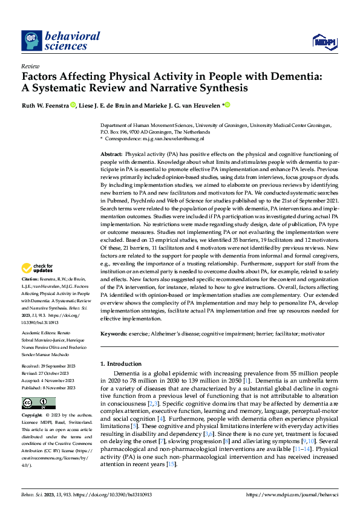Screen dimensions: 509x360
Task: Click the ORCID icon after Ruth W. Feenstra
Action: click(73, 105)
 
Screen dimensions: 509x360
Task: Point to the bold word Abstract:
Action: click(111, 155)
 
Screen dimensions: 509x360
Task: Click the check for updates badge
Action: click(38, 267)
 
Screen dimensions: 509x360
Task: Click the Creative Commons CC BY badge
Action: click(38, 403)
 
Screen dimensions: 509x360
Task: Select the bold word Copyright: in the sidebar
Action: click(33, 416)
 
